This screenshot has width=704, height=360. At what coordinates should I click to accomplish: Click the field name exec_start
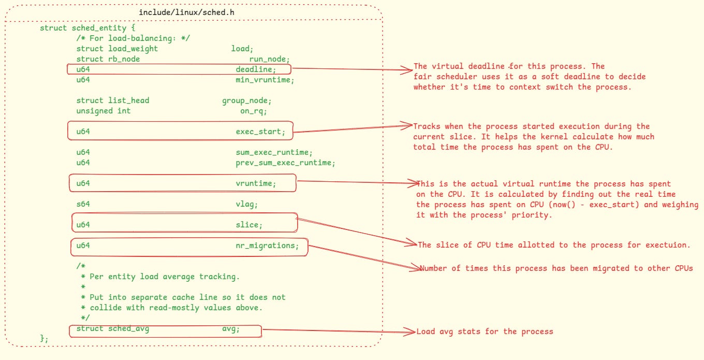coord(260,132)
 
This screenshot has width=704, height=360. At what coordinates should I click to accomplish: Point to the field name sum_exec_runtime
coord(274,152)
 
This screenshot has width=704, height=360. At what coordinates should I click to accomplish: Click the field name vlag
coord(247,204)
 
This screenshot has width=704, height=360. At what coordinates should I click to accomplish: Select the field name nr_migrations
coord(267,246)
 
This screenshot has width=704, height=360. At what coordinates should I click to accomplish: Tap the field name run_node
coord(269,59)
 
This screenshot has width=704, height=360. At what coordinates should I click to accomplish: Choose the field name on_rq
coord(254,111)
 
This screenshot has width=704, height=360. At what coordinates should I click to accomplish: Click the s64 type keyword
coord(83,204)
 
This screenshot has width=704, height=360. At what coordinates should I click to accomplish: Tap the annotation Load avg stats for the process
coord(485,332)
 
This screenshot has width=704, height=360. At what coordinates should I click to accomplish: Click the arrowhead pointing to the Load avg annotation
coord(414,332)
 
